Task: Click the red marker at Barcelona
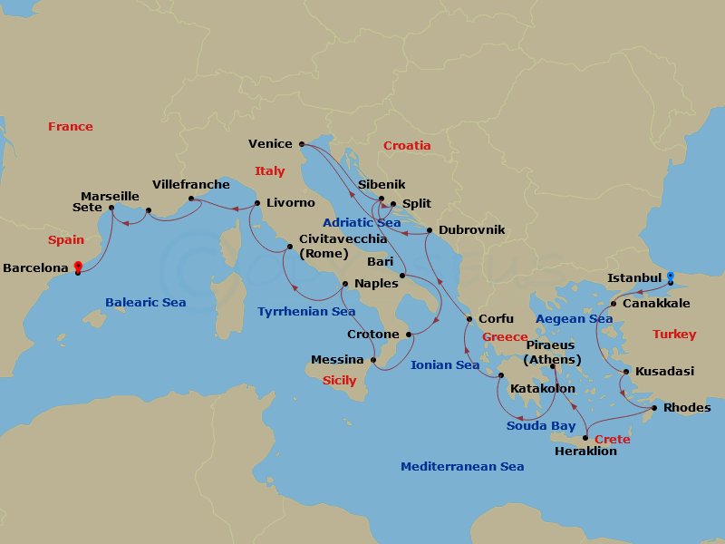click(x=78, y=267)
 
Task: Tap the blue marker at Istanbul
click(x=671, y=276)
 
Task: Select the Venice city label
click(x=270, y=143)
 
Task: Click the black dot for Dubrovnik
click(x=429, y=230)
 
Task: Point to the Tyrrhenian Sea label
click(x=306, y=311)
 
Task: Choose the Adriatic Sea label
click(x=362, y=222)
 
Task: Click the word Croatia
click(x=407, y=145)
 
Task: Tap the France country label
click(x=71, y=126)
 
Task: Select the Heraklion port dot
click(x=585, y=438)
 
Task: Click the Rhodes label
click(x=687, y=407)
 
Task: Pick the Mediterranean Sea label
click(x=462, y=466)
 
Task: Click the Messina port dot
click(x=374, y=360)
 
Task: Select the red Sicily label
click(x=340, y=381)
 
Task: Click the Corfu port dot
click(x=469, y=318)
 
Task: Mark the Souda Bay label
click(x=540, y=425)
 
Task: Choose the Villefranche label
click(x=191, y=184)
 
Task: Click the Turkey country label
click(x=674, y=335)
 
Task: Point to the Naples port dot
click(x=345, y=284)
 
